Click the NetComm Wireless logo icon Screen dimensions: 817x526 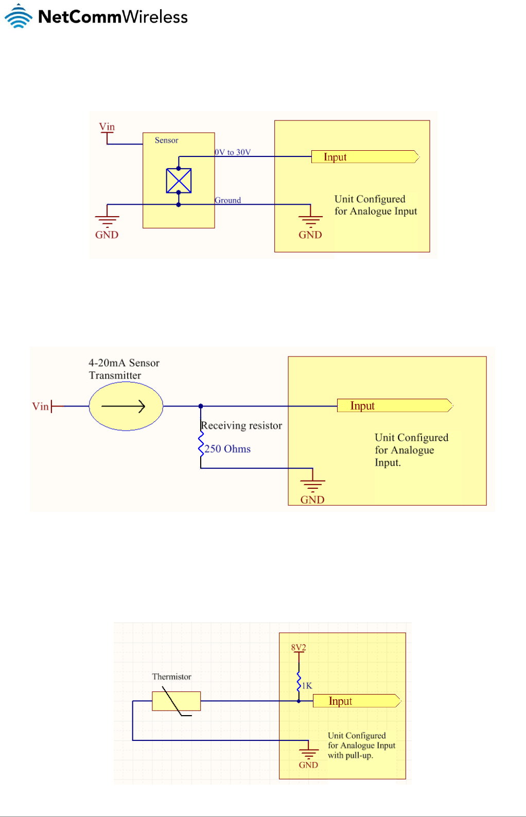click(18, 16)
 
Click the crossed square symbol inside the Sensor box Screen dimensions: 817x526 click(179, 181)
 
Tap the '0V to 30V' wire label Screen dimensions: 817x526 click(233, 152)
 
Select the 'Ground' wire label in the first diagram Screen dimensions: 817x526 click(228, 200)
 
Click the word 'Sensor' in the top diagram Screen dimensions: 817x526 click(166, 140)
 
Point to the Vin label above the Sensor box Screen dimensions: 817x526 click(107, 127)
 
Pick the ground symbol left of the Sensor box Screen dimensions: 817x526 click(107, 221)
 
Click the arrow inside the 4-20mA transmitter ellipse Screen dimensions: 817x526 click(124, 406)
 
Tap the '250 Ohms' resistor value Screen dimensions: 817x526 click(227, 449)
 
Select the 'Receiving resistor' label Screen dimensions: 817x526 click(241, 425)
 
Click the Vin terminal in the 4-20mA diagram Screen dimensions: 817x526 click(41, 406)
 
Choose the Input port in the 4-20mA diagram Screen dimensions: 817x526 click(394, 406)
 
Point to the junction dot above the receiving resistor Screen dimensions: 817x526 click(201, 406)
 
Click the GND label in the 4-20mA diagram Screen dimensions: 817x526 click(312, 500)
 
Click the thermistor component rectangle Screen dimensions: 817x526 click(176, 701)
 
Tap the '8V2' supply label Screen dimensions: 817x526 click(299, 648)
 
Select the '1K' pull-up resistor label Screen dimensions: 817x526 click(307, 686)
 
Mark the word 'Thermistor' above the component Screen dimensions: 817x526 click(171, 677)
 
